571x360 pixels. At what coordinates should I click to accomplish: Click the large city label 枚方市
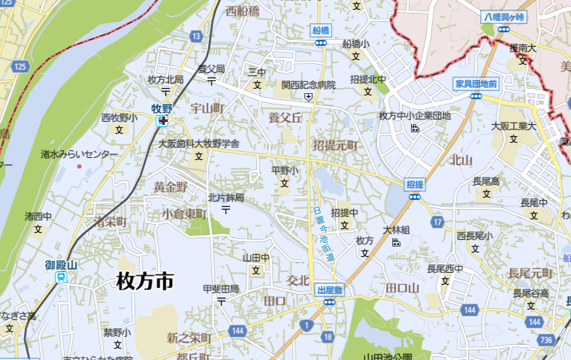click(145, 282)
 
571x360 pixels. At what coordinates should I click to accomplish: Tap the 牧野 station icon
click(162, 120)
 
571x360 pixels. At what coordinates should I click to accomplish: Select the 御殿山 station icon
click(61, 277)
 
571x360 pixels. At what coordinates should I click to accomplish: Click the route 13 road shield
click(196, 35)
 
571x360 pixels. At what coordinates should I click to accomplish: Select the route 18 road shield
click(328, 337)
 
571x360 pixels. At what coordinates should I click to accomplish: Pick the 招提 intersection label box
click(414, 183)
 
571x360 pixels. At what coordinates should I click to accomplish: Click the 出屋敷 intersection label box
click(329, 289)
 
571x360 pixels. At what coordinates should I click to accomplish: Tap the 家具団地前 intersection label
click(476, 83)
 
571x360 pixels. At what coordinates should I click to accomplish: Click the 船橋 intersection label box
click(321, 31)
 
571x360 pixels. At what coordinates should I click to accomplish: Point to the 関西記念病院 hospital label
click(308, 86)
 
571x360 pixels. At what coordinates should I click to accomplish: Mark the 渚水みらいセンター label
click(80, 154)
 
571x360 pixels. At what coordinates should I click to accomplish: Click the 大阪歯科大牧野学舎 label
click(199, 143)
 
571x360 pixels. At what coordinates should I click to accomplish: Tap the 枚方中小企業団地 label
click(415, 116)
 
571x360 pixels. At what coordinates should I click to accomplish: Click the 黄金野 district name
click(170, 187)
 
